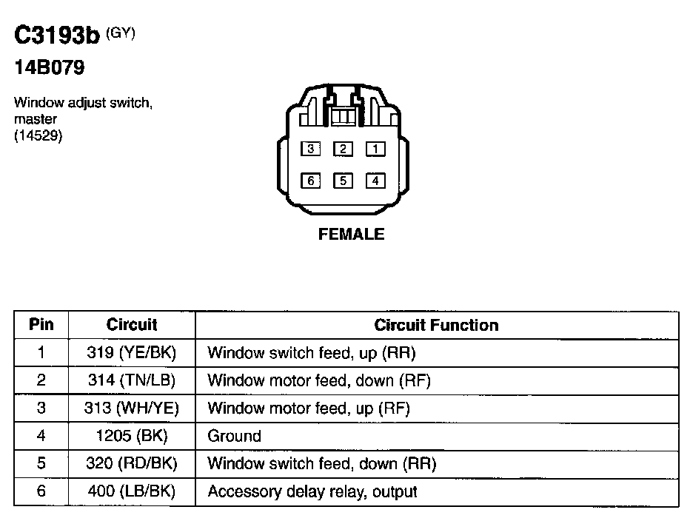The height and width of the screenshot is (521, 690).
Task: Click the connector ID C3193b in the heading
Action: point(56,37)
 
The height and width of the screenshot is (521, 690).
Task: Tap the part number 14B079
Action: point(50,69)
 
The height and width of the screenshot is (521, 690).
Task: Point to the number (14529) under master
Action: point(38,135)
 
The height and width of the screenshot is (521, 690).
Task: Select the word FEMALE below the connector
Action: point(351,235)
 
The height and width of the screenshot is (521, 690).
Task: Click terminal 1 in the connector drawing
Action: point(375,149)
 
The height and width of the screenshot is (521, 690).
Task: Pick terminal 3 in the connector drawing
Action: point(310,149)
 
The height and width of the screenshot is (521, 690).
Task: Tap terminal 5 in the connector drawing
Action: point(343,180)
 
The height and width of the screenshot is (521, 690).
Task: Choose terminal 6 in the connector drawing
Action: point(310,180)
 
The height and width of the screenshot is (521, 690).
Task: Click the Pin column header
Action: point(41,325)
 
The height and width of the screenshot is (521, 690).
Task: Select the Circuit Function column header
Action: point(436,325)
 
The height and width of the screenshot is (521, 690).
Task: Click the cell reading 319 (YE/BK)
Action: point(132,352)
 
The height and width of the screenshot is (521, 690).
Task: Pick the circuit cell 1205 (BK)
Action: point(132,436)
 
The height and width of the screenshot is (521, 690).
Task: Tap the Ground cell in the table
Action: point(234,436)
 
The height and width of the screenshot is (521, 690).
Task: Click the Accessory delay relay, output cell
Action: point(312,491)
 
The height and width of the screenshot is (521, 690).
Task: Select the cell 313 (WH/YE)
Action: point(132,408)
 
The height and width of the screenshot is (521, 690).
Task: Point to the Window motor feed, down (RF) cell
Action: point(319,380)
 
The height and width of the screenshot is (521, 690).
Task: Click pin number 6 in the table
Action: point(41,491)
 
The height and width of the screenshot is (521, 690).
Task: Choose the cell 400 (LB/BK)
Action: point(132,491)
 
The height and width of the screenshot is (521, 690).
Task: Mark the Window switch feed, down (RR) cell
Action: point(322,464)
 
